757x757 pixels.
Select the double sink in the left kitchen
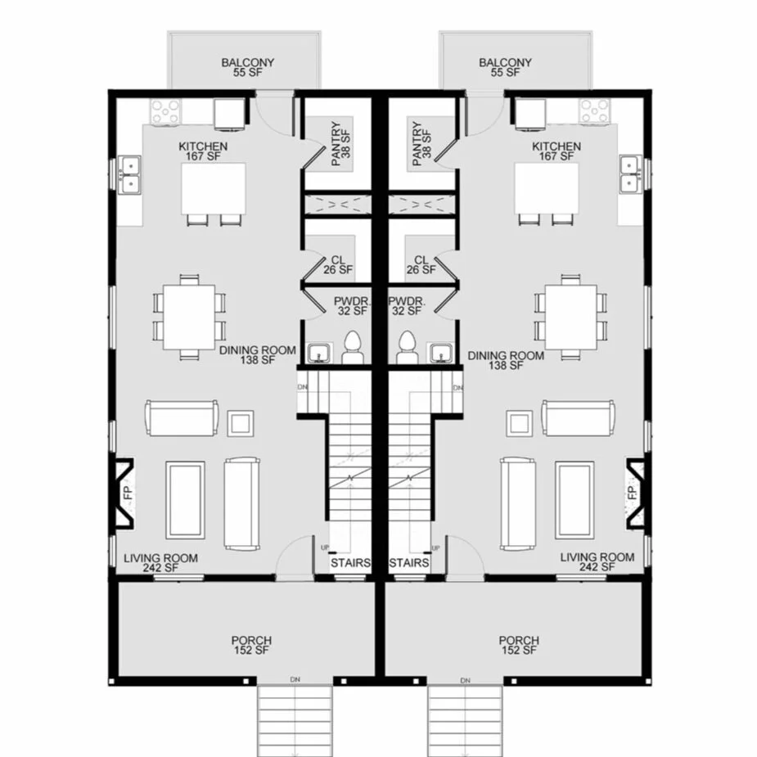(129, 174)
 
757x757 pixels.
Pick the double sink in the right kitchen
(630, 174)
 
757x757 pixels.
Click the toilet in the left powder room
(353, 348)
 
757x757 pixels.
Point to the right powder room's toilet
(405, 348)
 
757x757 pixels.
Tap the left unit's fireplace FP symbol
(127, 493)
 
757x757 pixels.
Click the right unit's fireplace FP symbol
(632, 493)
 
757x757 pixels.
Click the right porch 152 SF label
(520, 651)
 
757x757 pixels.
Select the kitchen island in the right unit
(543, 187)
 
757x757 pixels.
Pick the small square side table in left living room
(240, 422)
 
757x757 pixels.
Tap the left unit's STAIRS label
(350, 563)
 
